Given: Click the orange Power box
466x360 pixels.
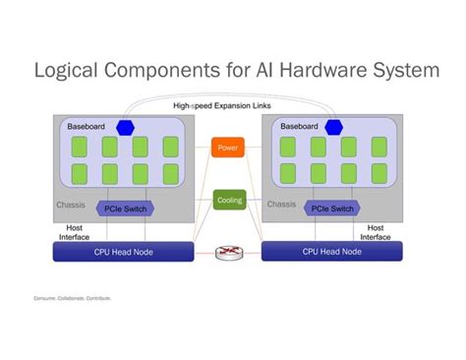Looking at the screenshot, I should click(227, 149).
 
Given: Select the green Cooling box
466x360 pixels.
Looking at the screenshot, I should click(228, 200).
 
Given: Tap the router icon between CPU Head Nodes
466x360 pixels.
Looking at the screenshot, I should click(227, 253).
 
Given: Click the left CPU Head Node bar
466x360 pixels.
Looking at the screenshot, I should click(123, 253).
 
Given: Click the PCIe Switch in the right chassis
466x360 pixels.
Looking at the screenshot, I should click(331, 209).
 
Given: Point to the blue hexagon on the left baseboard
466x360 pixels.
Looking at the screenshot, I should click(125, 127).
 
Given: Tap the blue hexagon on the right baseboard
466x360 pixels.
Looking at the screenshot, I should click(333, 127).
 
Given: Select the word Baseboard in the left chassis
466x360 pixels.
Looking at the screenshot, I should click(86, 127).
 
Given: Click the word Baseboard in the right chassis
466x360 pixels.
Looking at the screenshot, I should click(298, 127).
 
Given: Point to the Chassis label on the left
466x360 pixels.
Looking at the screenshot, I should click(71, 206).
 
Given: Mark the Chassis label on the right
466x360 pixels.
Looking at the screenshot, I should click(281, 205).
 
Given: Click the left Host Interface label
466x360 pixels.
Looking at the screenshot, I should click(73, 232).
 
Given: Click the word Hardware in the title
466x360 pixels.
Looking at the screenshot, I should click(317, 71).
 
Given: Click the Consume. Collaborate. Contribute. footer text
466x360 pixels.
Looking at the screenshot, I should click(72, 297).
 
